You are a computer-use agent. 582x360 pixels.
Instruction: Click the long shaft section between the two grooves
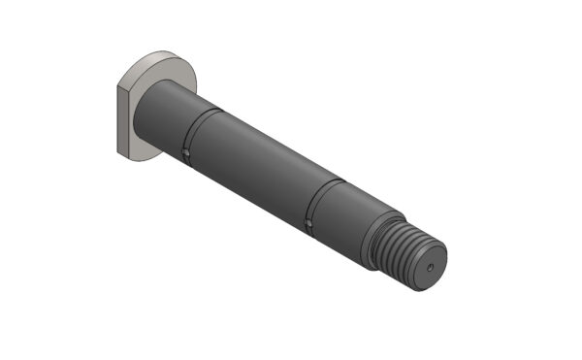[x=257, y=165]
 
